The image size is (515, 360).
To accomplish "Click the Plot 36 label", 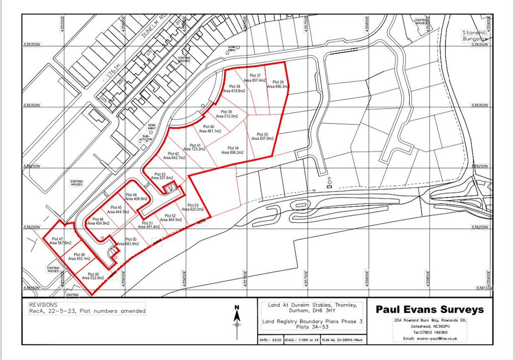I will [x=278, y=84].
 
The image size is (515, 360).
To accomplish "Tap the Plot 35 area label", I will [x=262, y=136].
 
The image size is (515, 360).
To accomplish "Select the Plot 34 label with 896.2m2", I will [x=232, y=150].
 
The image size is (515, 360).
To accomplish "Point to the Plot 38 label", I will [x=234, y=89].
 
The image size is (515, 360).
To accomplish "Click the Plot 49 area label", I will [x=93, y=276].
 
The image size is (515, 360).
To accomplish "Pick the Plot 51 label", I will [x=149, y=225].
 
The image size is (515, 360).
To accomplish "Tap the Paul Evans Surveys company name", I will [x=430, y=309].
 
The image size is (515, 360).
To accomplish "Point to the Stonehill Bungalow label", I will [x=475, y=35].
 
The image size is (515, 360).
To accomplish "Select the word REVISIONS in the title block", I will [x=43, y=305].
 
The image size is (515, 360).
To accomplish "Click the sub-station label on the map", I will [x=145, y=138].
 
